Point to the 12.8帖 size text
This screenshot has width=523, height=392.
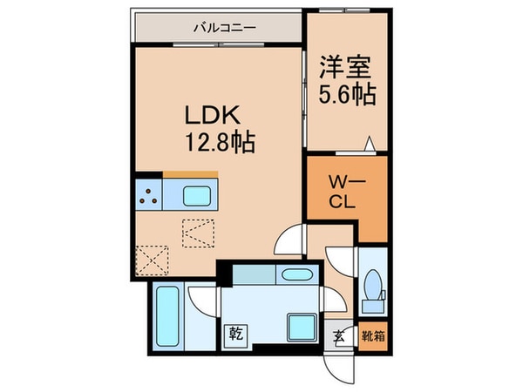click(218, 142)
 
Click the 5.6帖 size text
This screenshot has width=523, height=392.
click(346, 92)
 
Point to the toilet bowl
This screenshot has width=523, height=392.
click(373, 287)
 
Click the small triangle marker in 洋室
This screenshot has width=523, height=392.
click(370, 144)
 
